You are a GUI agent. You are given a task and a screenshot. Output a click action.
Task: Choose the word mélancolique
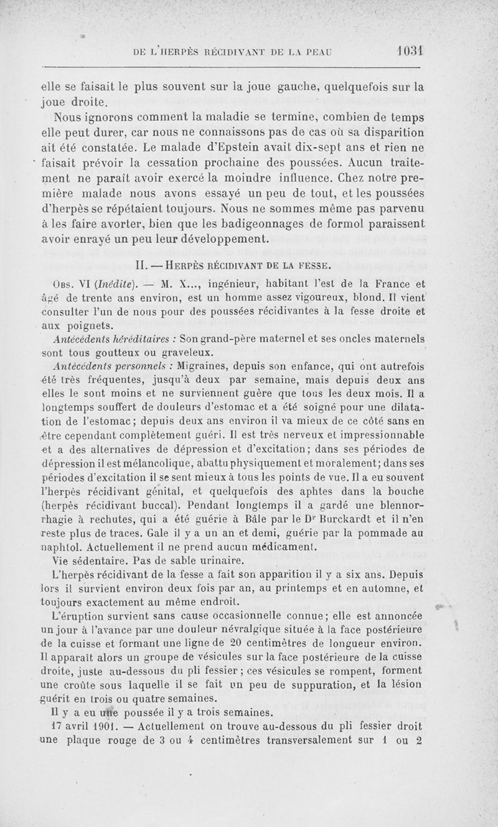click(x=157, y=463)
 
